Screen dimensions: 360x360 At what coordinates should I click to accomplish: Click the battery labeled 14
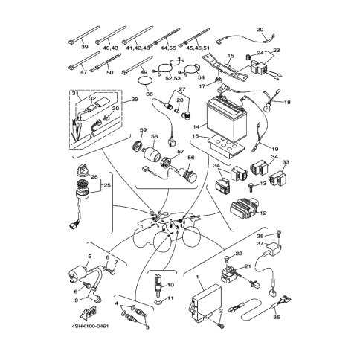(226, 118)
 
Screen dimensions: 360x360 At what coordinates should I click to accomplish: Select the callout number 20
(260, 30)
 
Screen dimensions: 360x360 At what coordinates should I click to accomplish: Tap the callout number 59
(144, 130)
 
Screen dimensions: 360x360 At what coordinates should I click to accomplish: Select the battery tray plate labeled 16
(225, 147)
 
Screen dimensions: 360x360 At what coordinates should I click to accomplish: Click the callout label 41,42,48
(138, 48)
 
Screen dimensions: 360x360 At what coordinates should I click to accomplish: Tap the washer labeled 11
(158, 302)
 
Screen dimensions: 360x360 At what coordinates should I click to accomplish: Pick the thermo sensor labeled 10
(158, 284)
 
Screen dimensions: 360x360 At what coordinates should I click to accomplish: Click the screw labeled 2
(220, 325)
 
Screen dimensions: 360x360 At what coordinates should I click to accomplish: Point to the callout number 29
(135, 100)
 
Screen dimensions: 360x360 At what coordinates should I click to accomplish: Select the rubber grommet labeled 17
(219, 80)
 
